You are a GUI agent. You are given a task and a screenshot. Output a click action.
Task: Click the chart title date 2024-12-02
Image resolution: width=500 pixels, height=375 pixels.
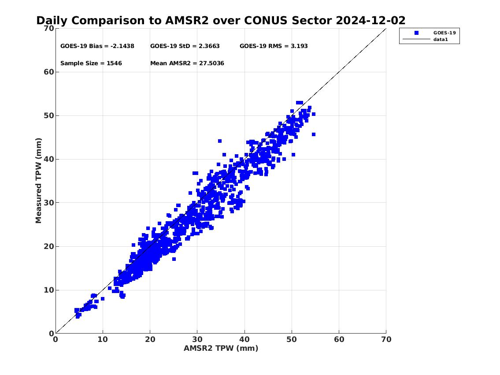pos(370,20)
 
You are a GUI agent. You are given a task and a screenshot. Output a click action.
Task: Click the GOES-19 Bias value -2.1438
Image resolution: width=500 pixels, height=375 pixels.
pos(122,46)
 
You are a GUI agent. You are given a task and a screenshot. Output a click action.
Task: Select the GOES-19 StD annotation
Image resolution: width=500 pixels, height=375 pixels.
pos(185,46)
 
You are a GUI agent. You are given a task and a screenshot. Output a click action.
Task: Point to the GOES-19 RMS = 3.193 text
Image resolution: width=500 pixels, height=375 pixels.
pos(274,46)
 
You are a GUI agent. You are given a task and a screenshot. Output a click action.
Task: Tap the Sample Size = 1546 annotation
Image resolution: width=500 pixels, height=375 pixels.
pos(91,63)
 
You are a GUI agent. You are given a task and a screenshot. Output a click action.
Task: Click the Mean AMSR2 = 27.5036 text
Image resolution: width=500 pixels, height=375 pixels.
pos(187,63)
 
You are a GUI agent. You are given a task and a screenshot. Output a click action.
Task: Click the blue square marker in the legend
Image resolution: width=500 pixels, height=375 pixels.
pos(416,33)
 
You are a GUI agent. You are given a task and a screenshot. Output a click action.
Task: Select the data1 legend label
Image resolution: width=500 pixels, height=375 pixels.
pos(441,39)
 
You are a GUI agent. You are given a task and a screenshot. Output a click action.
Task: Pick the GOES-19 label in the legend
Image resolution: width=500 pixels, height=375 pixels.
pos(444,33)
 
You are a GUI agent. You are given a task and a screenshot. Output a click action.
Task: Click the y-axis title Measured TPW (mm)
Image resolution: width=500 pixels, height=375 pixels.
pos(39,181)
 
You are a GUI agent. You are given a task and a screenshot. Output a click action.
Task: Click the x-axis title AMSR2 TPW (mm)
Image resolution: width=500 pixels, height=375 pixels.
pos(221,348)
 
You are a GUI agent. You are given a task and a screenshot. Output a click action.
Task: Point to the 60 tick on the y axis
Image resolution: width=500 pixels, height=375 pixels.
pos(49,72)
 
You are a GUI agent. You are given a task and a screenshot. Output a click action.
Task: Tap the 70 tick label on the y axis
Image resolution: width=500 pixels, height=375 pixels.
pos(49,28)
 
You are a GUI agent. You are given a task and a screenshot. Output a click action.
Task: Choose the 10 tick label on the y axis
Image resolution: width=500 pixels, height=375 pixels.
pos(49,290)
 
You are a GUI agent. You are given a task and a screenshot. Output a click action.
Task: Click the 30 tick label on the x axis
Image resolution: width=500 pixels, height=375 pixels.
pos(197,339)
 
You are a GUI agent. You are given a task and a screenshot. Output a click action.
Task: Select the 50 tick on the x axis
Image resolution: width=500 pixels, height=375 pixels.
pos(292,339)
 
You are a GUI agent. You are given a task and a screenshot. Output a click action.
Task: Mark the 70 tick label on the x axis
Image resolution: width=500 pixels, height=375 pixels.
pos(386,339)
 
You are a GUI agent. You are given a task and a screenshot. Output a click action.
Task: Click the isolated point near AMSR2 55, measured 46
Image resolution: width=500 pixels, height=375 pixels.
pos(314,134)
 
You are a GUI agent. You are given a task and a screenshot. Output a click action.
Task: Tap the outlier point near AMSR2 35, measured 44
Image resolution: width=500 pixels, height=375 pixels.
pos(220,141)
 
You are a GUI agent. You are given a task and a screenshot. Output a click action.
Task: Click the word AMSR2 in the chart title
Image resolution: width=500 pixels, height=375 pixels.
pos(187,20)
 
